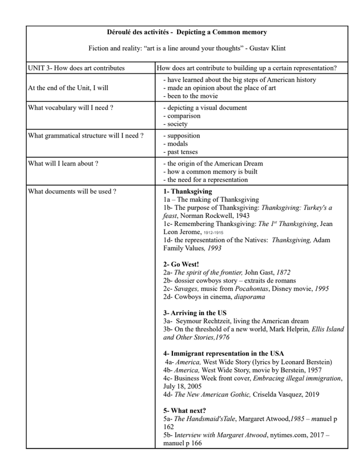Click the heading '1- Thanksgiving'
[188, 192]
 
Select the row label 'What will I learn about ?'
[63, 164]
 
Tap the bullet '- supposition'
[183, 136]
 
